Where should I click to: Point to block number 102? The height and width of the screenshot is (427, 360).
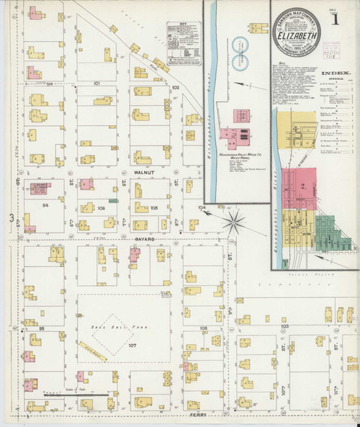(x=174, y=86)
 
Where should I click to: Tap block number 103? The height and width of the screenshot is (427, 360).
(x=284, y=325)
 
